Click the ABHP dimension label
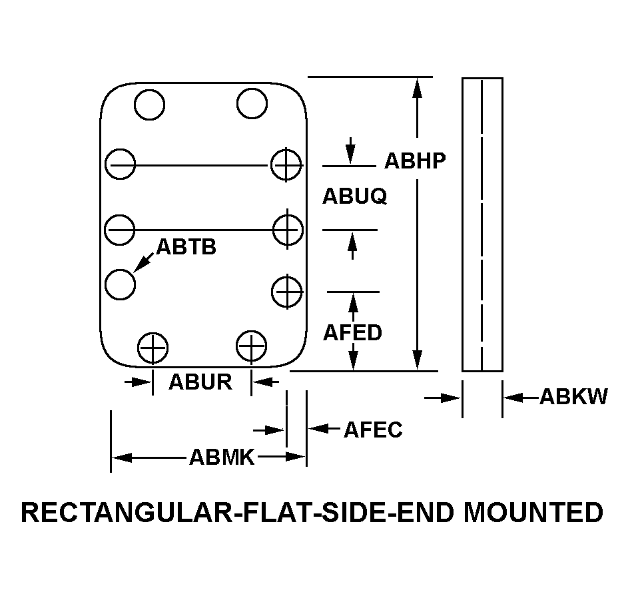point(414,160)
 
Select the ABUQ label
point(354,196)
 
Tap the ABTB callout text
point(186,247)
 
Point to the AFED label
point(352,332)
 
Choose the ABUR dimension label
point(200,382)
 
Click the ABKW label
point(573,397)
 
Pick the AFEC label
point(373,430)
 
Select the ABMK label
point(222,457)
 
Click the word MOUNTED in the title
point(533,513)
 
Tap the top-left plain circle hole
point(149,103)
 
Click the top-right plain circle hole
point(251,103)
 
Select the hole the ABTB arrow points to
point(121,284)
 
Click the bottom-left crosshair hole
point(153,347)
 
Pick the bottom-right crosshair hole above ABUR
point(252,346)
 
